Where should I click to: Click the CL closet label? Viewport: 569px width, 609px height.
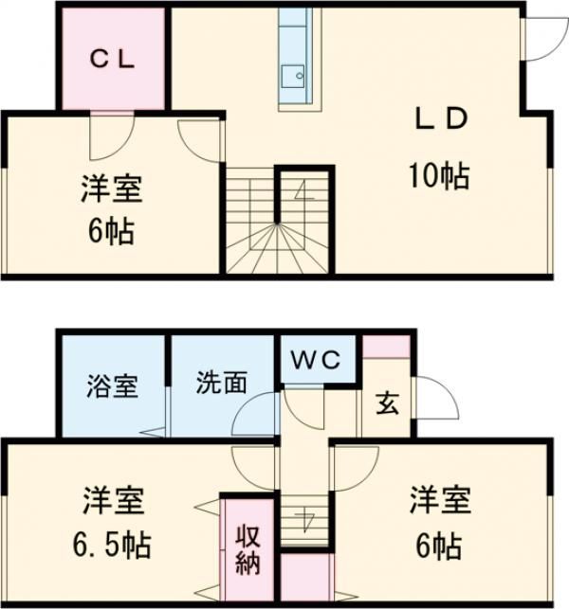[114, 58]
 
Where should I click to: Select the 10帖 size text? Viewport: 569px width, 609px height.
[439, 175]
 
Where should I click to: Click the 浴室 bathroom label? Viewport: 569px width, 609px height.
[113, 385]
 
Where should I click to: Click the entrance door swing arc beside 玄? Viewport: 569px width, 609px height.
[439, 398]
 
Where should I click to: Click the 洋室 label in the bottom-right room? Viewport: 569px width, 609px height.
[441, 499]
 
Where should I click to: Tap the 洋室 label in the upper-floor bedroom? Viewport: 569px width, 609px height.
[110, 189]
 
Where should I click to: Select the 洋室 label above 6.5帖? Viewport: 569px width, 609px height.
[112, 499]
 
